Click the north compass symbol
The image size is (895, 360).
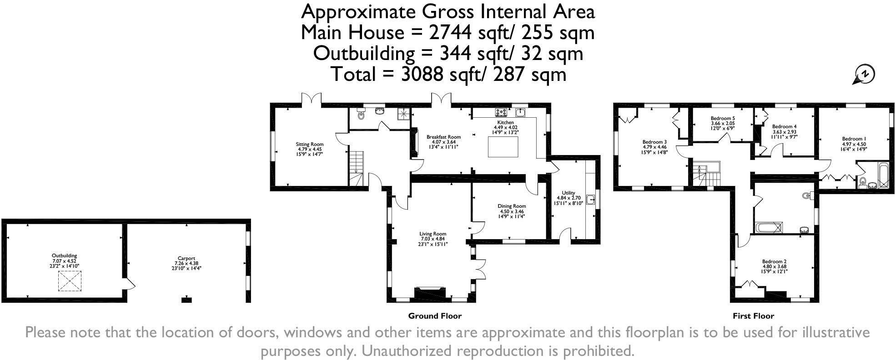[x=864, y=75]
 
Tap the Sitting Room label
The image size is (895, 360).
[x=310, y=144]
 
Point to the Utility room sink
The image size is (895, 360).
[x=591, y=200]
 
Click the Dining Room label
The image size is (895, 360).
[x=512, y=206]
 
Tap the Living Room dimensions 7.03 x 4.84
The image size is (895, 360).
[x=433, y=239]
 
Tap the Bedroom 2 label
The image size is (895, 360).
[x=774, y=261]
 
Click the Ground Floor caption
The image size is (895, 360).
[x=435, y=316]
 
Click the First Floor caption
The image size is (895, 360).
[x=753, y=316]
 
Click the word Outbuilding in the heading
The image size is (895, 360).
[x=364, y=54]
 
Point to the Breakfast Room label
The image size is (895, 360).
[x=443, y=137]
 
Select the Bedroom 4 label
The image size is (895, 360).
[x=784, y=126]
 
